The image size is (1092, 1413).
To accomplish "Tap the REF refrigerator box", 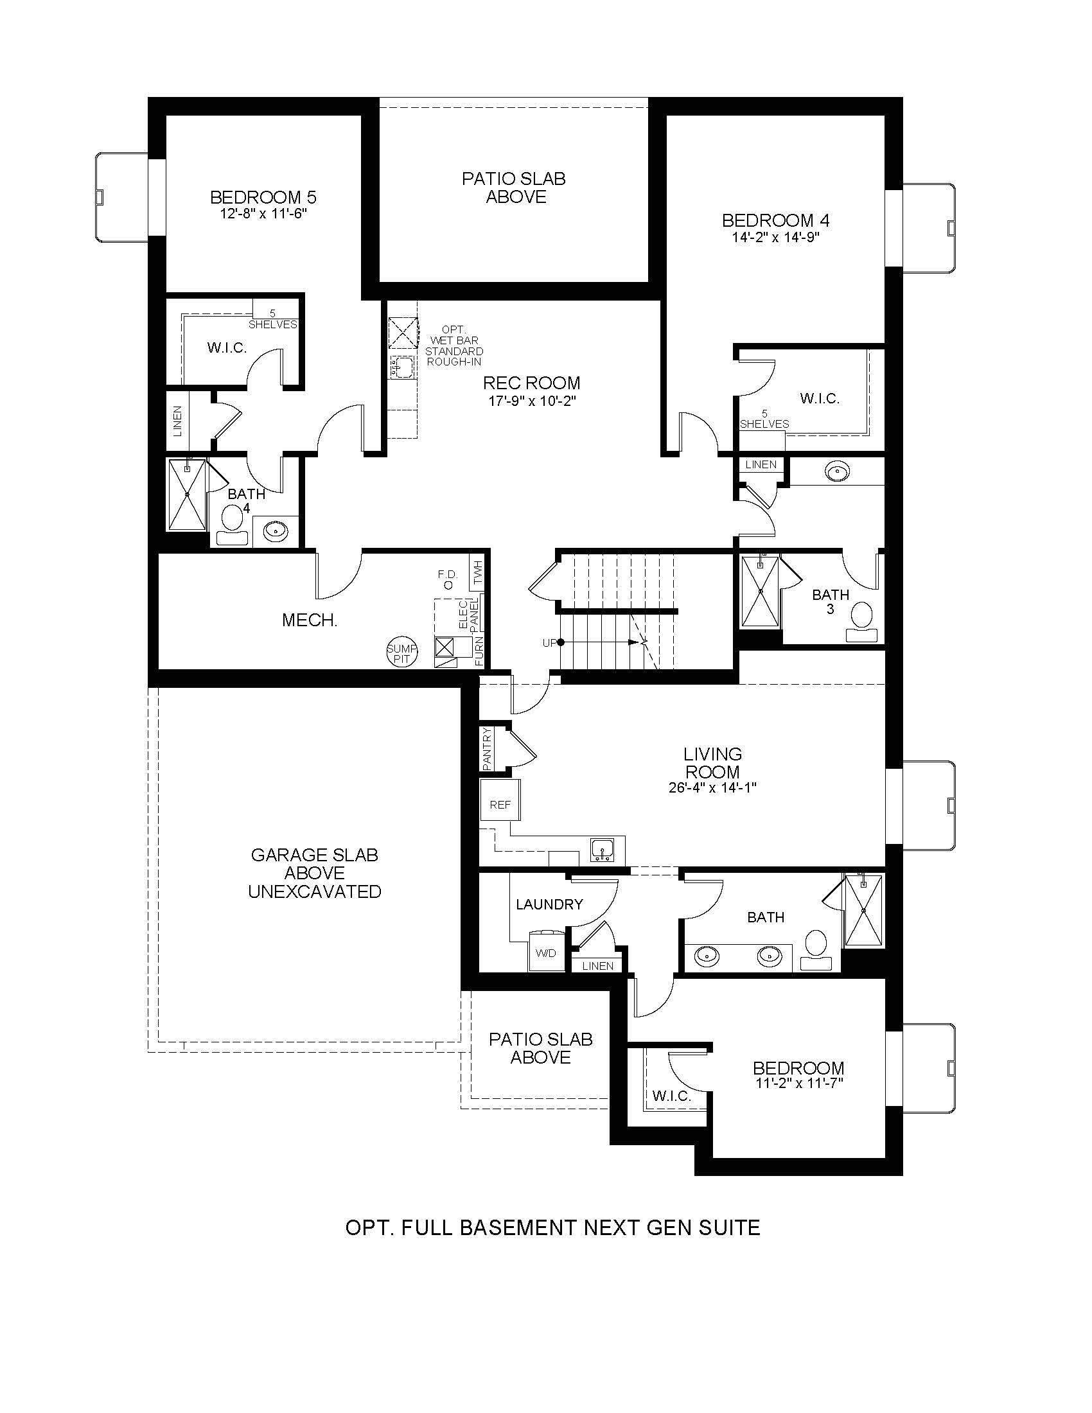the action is click(x=500, y=805).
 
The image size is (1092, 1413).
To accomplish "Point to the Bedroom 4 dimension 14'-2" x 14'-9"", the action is click(x=776, y=237).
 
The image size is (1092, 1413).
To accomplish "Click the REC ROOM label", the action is click(x=532, y=383).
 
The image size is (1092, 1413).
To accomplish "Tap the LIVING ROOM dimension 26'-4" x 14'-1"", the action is click(x=713, y=788).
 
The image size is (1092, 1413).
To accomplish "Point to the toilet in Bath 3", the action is click(x=861, y=620).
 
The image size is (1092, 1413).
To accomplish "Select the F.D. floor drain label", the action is click(x=447, y=580).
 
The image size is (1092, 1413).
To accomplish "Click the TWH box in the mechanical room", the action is click(x=478, y=572).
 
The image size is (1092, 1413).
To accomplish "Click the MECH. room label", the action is click(x=309, y=620).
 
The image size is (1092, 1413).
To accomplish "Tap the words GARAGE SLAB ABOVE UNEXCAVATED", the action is click(x=314, y=873).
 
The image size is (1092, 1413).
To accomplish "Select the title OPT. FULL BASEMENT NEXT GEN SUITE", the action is click(x=552, y=1227).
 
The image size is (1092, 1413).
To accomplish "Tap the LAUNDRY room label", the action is click(x=549, y=904).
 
